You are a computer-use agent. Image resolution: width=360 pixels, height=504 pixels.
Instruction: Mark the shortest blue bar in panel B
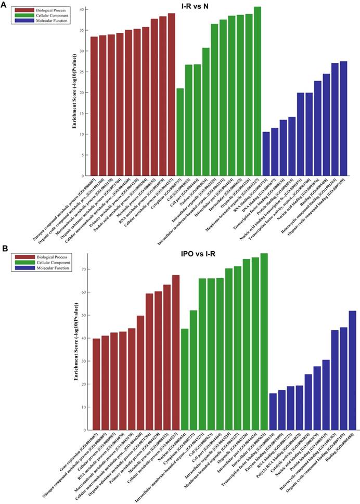click(x=273, y=411)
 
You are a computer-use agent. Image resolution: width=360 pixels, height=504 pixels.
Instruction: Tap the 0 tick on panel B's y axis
click(x=83, y=430)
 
